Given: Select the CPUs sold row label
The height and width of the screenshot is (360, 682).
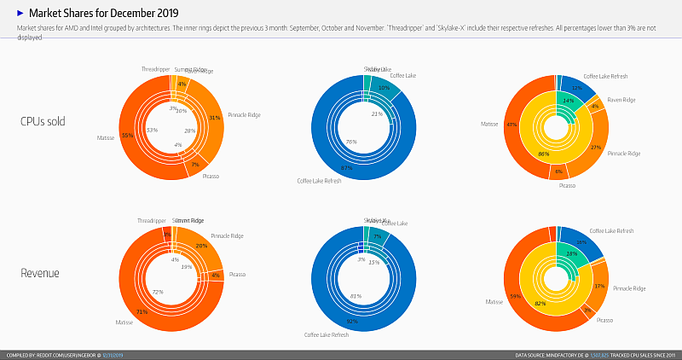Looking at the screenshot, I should point(46,121).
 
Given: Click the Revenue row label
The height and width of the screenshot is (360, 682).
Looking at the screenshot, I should point(39,274).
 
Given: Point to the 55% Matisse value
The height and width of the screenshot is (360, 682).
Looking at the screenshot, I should point(127,135).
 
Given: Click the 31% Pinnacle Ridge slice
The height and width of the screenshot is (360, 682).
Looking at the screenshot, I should point(215,118).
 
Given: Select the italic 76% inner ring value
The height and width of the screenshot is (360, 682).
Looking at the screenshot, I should point(350,141).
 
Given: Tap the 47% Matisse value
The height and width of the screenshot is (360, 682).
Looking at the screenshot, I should point(511,125).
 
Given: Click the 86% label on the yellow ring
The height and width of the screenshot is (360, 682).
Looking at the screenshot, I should point(544,154).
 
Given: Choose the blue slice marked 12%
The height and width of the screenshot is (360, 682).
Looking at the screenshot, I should point(577,88).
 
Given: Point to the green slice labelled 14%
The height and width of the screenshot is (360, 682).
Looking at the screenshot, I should point(568,101).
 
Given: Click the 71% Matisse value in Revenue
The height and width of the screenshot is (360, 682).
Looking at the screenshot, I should point(142,312).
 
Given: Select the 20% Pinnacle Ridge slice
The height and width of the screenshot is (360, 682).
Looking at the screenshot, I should point(201,246).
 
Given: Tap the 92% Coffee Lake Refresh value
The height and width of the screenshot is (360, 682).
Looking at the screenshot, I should point(350,322).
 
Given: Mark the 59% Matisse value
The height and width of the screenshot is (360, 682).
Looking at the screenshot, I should point(515,297).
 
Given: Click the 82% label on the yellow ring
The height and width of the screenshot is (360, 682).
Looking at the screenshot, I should point(540,303).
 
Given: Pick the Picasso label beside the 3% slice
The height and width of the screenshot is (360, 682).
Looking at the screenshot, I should point(604,320).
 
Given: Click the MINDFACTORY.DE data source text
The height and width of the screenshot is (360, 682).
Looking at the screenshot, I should point(559,355).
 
